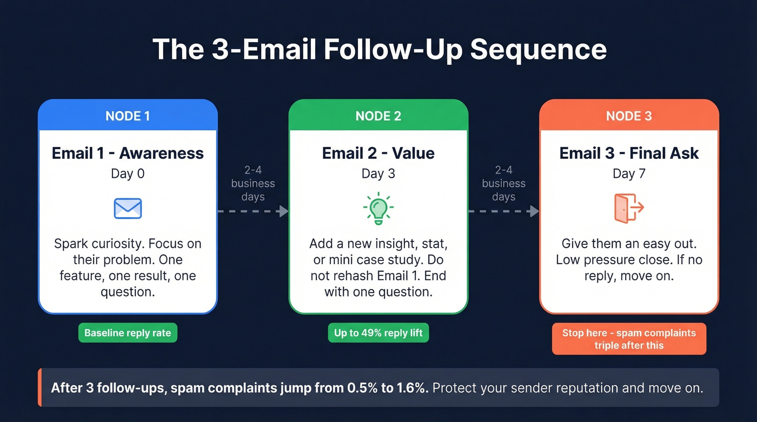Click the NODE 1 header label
(128, 116)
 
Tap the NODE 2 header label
(378, 116)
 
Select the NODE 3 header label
(629, 116)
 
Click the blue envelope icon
(128, 209)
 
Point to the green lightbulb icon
(378, 209)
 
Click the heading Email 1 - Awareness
(128, 153)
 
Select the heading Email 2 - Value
(378, 153)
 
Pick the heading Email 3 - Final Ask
(629, 153)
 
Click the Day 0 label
(128, 173)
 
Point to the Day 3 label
(378, 173)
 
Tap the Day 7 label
(629, 173)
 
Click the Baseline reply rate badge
(128, 333)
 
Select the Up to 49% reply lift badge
(378, 333)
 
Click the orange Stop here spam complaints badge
(629, 339)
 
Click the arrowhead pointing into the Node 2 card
(283, 211)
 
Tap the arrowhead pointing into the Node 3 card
(534, 211)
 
